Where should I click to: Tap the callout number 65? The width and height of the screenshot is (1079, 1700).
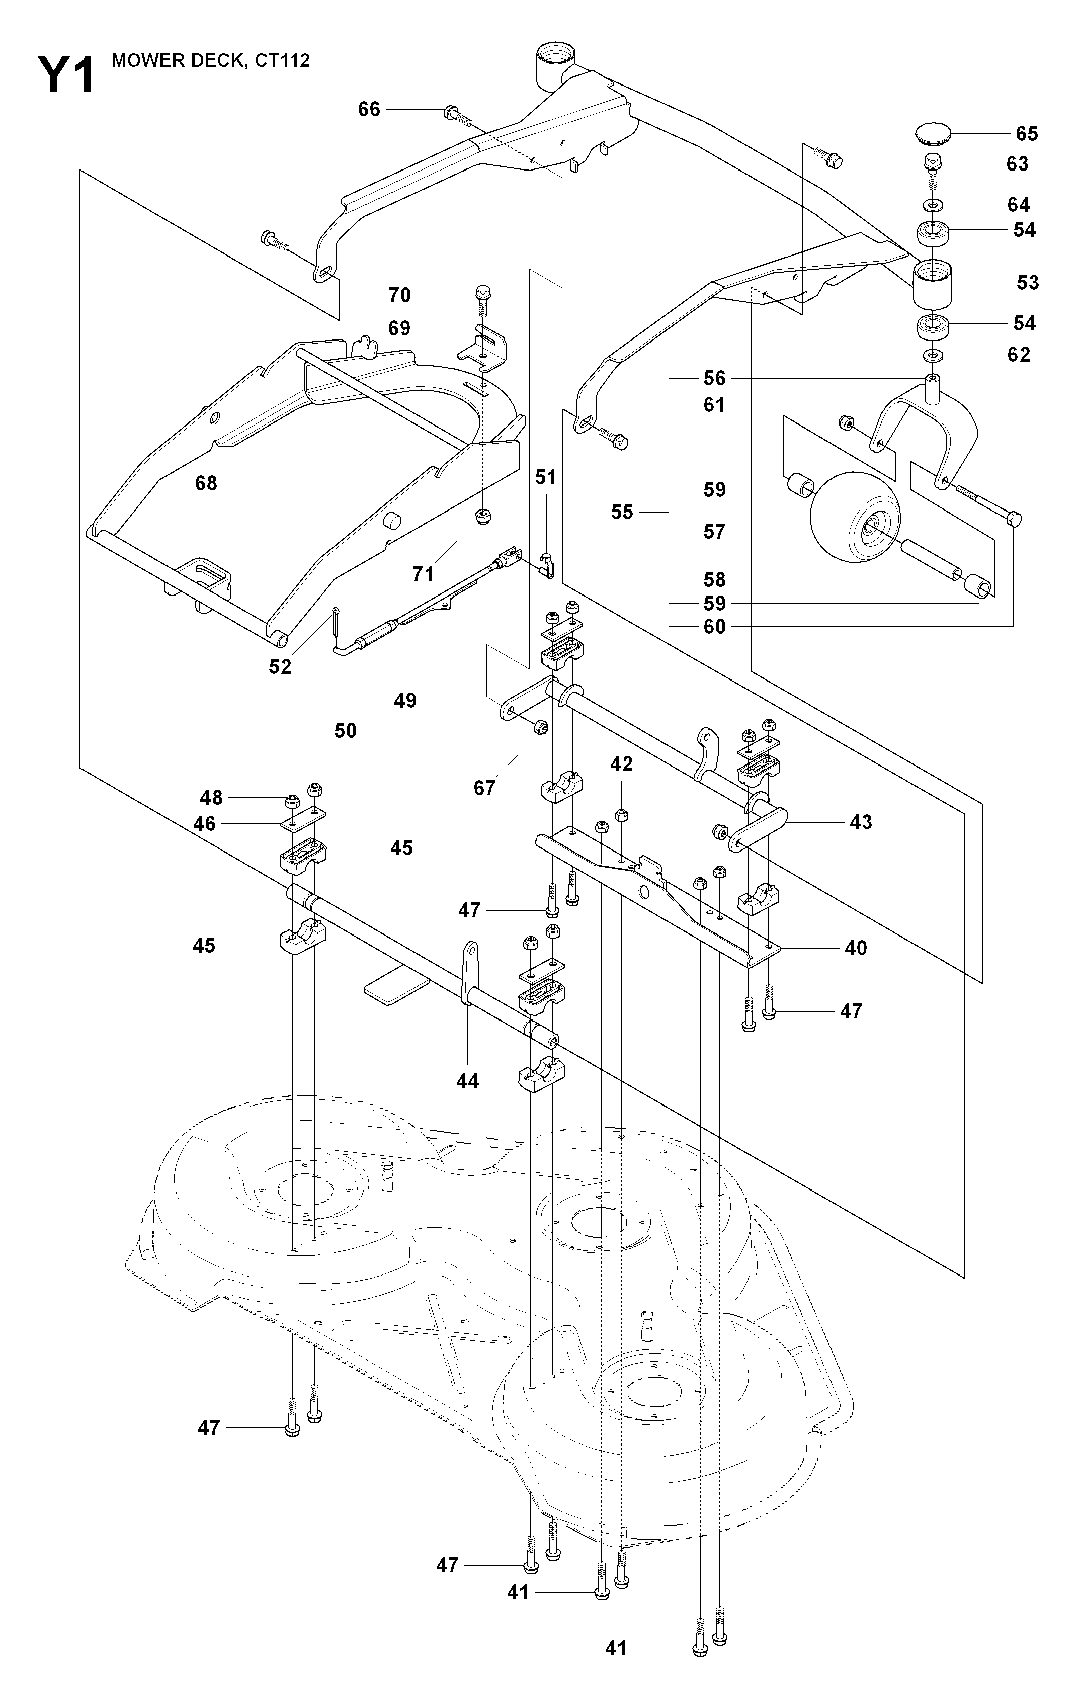pyautogui.click(x=1027, y=133)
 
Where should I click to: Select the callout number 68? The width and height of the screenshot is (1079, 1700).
pyautogui.click(x=206, y=484)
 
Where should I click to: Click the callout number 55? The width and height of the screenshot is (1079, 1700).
pyautogui.click(x=622, y=512)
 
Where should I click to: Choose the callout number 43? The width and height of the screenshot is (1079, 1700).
pyautogui.click(x=861, y=822)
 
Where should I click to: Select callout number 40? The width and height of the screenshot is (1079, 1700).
pyautogui.click(x=856, y=948)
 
